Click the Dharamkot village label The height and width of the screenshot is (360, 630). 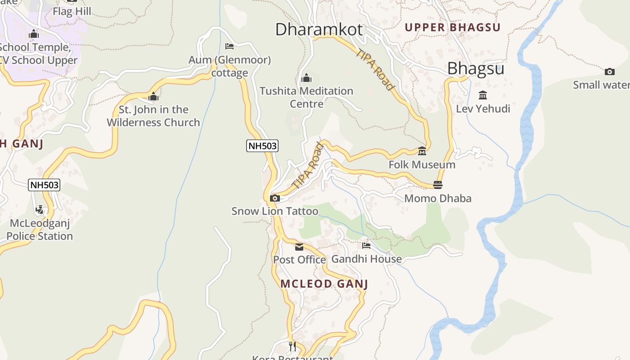tap(319, 30)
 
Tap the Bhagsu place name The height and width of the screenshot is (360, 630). tap(475, 69)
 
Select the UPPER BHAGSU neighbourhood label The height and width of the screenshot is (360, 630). tap(452, 27)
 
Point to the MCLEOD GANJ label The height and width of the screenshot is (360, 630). tap(324, 284)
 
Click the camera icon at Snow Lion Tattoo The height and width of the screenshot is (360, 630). tap(274, 198)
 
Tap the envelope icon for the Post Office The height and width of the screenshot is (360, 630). tap(299, 247)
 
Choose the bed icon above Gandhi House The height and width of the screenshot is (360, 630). tap(366, 246)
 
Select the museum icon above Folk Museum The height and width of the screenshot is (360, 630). tap(422, 151)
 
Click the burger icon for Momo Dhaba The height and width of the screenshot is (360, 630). tap(437, 185)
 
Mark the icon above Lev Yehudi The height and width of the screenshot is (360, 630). tap(483, 95)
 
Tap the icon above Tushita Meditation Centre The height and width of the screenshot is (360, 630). tap(306, 78)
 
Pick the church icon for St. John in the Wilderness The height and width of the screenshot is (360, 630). tap(153, 96)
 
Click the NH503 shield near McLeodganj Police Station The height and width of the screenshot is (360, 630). tap(44, 185)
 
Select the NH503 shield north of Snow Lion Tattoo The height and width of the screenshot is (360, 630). tap(262, 146)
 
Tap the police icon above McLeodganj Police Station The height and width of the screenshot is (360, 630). tap(40, 210)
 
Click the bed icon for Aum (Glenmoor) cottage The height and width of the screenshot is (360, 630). tap(229, 46)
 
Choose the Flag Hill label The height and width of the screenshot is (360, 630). tap(72, 11)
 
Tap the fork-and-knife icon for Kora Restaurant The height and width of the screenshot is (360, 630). tap(292, 346)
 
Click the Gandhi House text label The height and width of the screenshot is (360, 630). tap(366, 259)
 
